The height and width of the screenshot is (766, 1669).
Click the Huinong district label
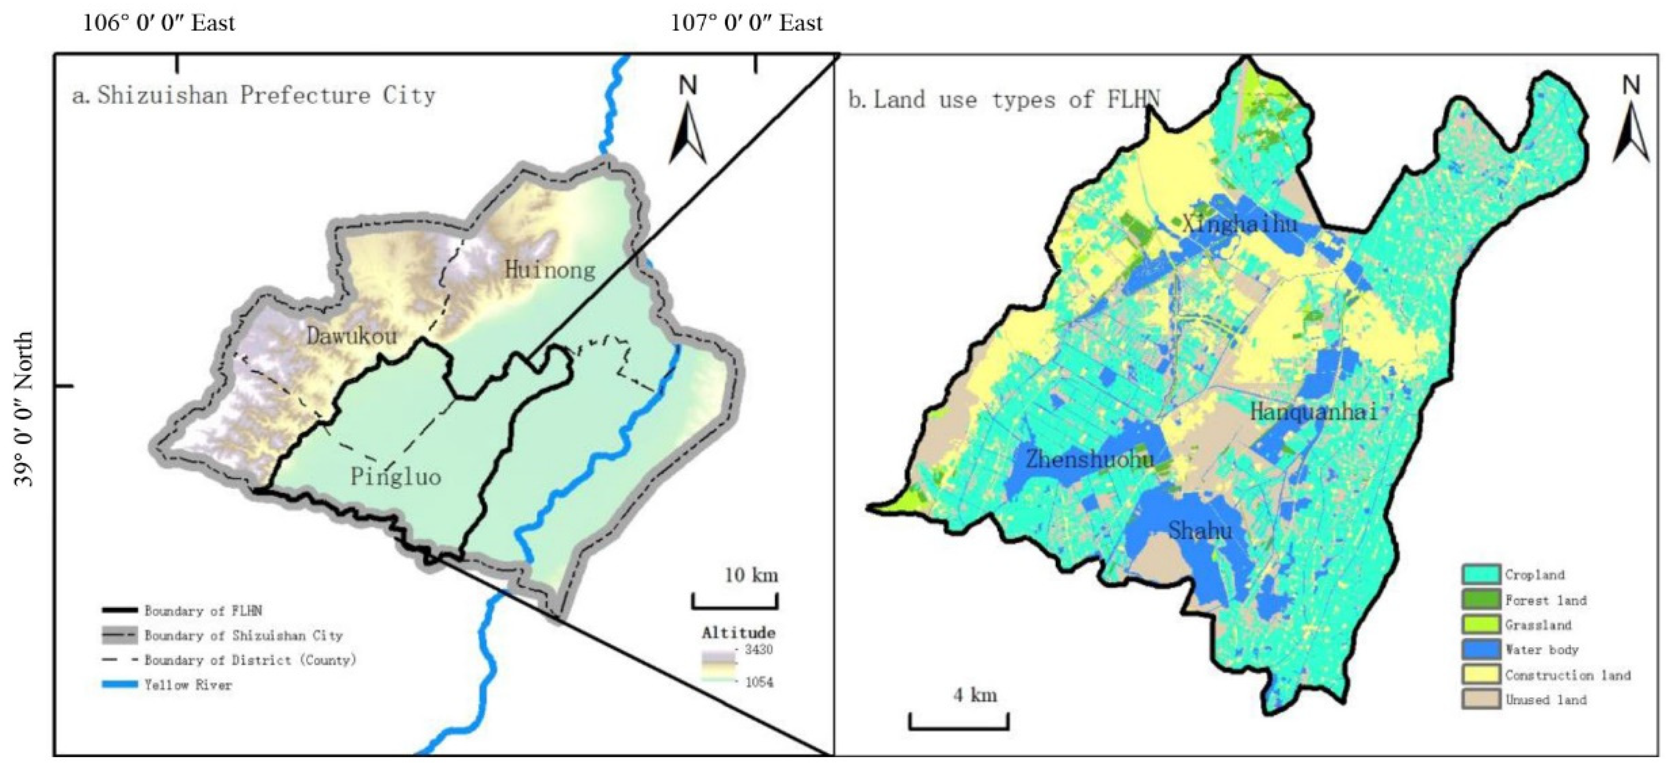[x=550, y=269]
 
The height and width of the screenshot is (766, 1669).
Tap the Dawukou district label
[x=351, y=336]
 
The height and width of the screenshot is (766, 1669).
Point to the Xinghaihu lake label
[x=1240, y=224]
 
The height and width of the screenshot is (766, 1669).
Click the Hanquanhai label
[x=1313, y=412]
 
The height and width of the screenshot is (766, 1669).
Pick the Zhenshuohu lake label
[x=1090, y=460]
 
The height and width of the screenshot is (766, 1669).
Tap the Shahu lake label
[x=1200, y=532]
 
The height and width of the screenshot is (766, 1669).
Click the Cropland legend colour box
[x=1481, y=574]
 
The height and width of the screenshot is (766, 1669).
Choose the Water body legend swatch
[x=1481, y=649]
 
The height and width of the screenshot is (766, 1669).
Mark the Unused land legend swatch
[x=1481, y=699]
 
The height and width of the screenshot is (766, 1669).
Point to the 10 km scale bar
[x=735, y=602]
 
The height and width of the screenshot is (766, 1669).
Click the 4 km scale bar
[x=958, y=721]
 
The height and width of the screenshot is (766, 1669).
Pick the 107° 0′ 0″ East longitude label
[x=746, y=24]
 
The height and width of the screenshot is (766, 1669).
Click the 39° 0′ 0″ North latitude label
[x=24, y=408]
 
